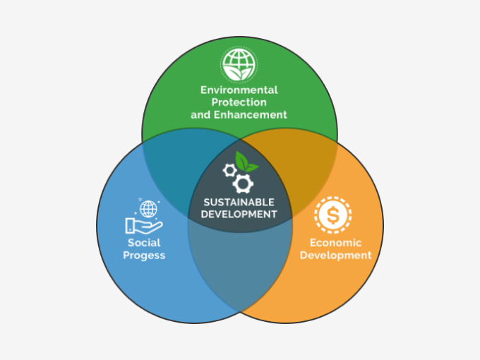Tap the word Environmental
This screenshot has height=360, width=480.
point(239,90)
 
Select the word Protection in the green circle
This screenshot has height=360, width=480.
point(239,102)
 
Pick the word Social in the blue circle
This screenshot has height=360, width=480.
point(144,242)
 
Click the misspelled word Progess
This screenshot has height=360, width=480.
point(144,255)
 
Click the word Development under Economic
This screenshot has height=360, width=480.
point(335,255)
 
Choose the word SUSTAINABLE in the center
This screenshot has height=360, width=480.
point(240,201)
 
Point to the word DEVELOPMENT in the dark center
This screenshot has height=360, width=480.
point(240,213)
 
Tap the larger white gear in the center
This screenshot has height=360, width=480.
point(244,184)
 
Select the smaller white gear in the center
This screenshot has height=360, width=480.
point(229,170)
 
